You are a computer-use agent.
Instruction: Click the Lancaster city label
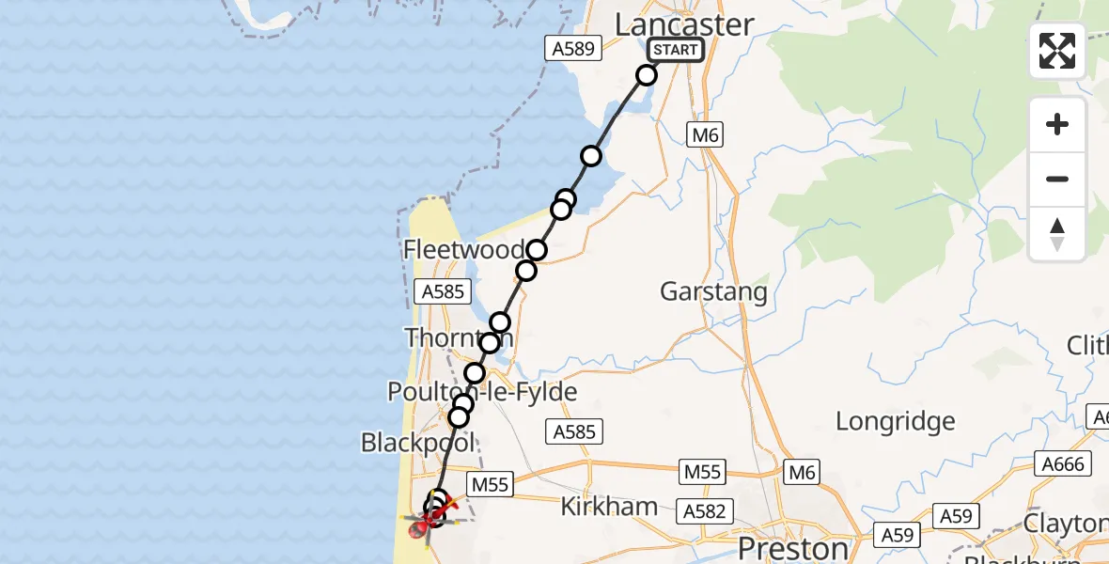point(684,24)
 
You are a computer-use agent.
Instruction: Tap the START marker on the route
point(675,50)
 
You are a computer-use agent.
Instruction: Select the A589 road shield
point(573,49)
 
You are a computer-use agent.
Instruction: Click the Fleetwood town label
point(463,250)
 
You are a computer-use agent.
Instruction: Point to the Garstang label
point(713,291)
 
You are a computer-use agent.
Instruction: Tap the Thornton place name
point(458,338)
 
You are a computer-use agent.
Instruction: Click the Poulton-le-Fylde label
point(482,392)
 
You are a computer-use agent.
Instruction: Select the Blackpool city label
point(418,442)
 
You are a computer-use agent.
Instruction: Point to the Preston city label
point(793,547)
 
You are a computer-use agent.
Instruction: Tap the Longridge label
point(895,421)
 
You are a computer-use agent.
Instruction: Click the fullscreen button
point(1057,51)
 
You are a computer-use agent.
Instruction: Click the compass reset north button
point(1057,233)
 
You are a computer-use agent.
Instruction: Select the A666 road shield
point(1064,464)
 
